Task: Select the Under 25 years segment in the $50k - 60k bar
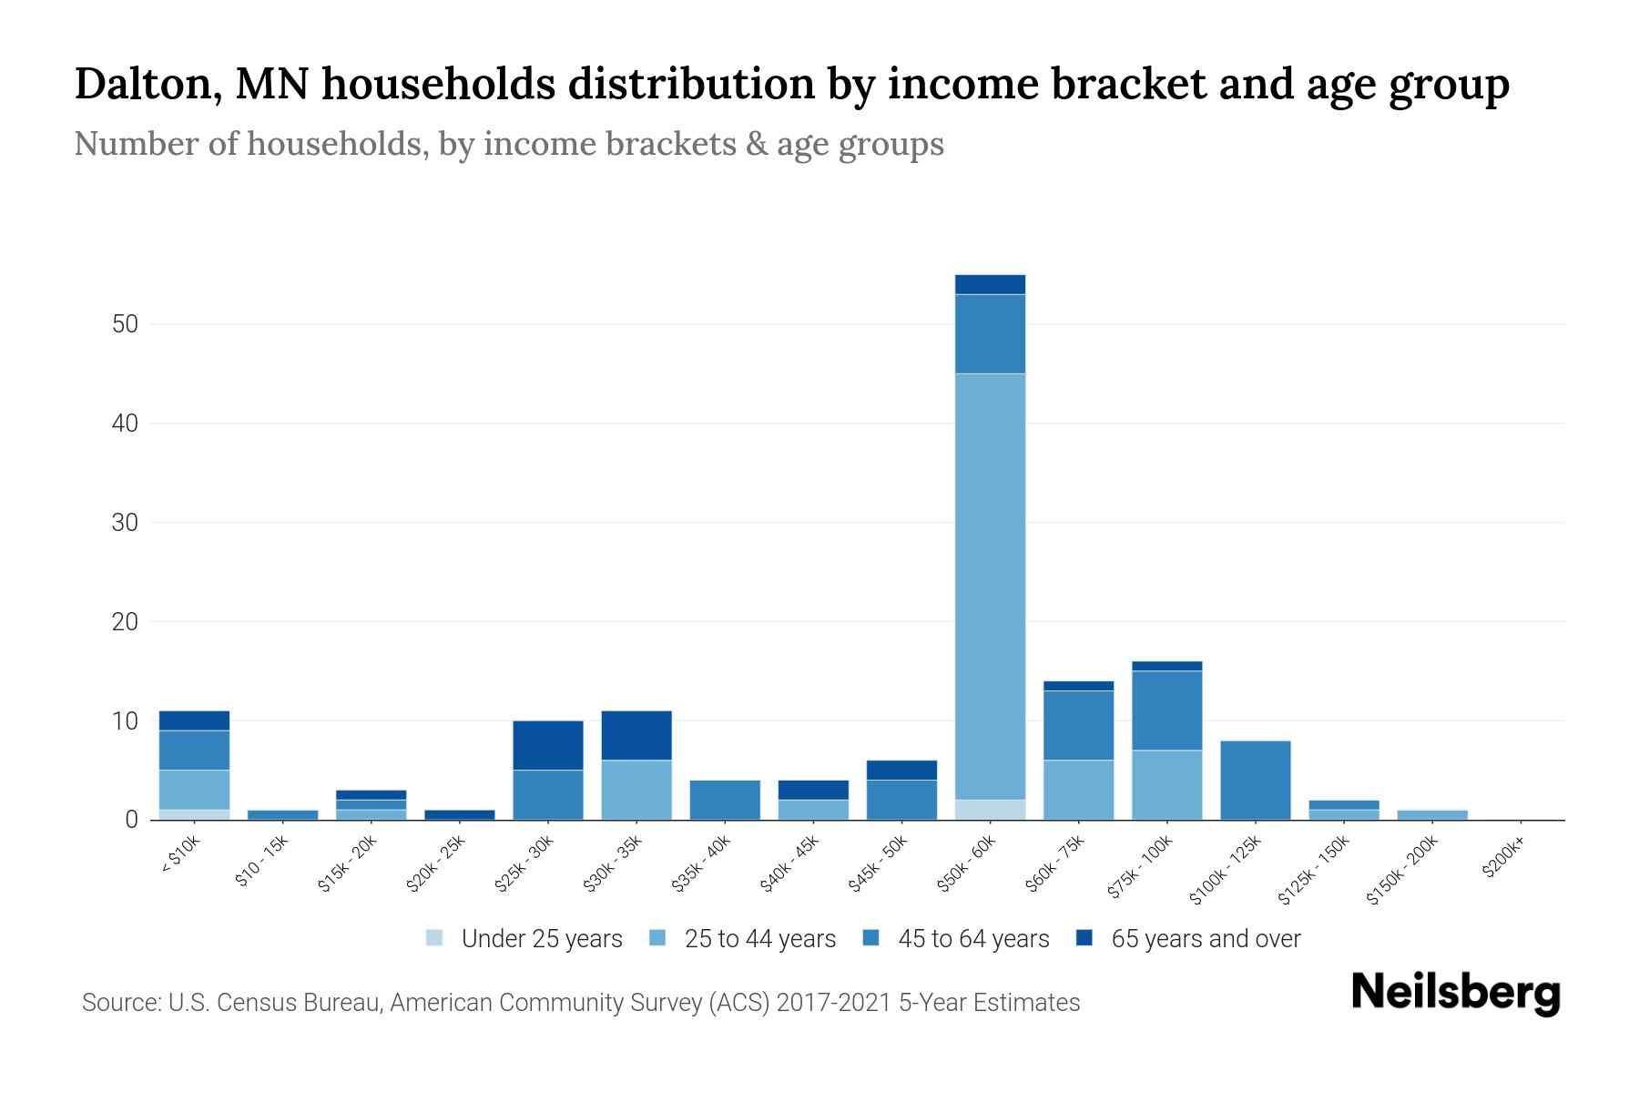990,809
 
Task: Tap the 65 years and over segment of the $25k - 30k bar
548,745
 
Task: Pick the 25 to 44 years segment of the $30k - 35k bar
636,790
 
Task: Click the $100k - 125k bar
1255,780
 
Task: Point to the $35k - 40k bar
725,800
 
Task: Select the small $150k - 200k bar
1431,814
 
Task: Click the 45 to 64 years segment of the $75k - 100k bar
1166,710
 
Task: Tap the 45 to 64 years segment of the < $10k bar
194,750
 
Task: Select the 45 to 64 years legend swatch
871,938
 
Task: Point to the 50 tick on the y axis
125,324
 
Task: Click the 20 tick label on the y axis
125,622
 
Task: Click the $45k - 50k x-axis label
878,866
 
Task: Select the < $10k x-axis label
179,856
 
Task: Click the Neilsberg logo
1455,993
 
